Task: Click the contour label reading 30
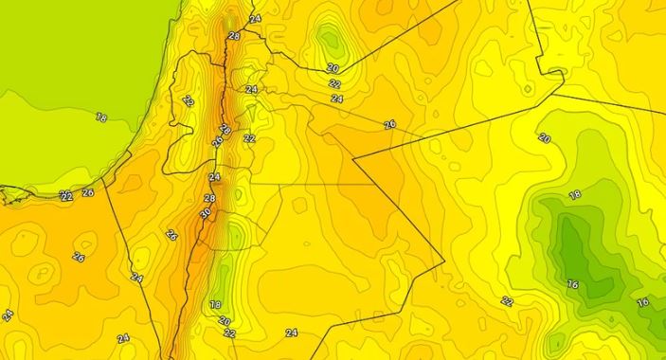pos(206,214)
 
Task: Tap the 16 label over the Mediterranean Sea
pos(101,117)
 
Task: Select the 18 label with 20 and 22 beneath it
pos(215,304)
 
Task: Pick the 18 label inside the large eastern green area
pos(574,194)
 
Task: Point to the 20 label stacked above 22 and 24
pos(333,68)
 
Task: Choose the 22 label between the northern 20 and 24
pos(335,83)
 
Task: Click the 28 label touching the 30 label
pos(209,199)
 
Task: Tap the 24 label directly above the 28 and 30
pos(214,177)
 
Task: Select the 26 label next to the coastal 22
pos(88,192)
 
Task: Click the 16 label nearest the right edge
pos(643,302)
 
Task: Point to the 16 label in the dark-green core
pos(572,283)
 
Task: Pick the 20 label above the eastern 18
pos(544,138)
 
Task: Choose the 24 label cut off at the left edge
pos(7,315)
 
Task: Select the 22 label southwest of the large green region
pos(507,301)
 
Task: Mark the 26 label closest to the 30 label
pos(171,235)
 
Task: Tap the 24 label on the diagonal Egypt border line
pos(136,279)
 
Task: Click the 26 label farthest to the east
pos(389,124)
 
